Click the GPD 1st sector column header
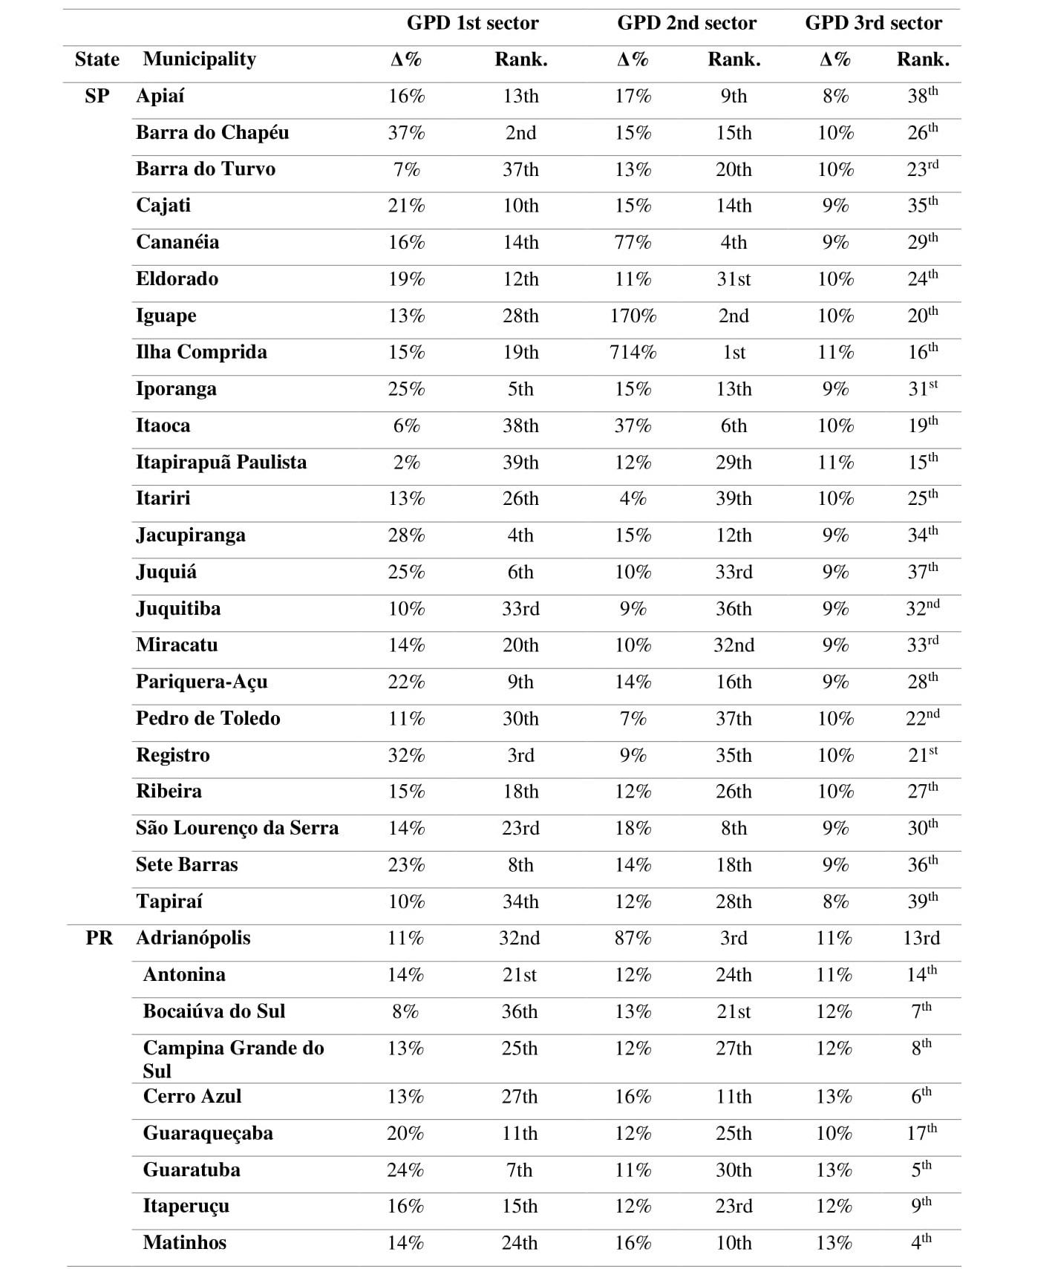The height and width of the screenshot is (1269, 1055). [x=472, y=23]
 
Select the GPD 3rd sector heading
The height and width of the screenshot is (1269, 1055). [x=873, y=23]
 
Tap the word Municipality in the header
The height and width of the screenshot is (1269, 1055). [x=199, y=59]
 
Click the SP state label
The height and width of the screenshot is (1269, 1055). [x=97, y=96]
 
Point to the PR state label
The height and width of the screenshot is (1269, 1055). [x=99, y=938]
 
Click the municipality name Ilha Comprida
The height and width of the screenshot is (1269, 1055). [x=201, y=352]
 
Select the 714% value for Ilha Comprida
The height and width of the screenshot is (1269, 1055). [x=633, y=352]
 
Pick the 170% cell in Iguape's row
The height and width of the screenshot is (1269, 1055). [x=633, y=316]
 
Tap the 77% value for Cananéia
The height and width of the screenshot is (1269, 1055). [x=633, y=242]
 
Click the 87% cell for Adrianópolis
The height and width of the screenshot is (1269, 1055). [x=633, y=938]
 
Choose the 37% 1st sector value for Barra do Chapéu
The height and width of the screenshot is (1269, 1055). [x=406, y=133]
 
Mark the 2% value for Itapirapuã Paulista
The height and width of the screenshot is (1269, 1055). [x=406, y=462]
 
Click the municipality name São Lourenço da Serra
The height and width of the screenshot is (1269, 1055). [x=237, y=828]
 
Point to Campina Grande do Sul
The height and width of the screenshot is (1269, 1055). [x=233, y=1059]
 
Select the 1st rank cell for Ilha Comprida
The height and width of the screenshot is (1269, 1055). [x=734, y=352]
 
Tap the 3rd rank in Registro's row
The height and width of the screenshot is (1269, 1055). [x=520, y=755]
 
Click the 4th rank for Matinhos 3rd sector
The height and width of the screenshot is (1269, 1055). [x=921, y=1242]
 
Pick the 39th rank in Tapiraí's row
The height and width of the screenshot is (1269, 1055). [x=922, y=901]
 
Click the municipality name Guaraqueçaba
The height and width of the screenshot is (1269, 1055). [x=208, y=1133]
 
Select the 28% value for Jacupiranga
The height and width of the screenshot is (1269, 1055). [x=406, y=535]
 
